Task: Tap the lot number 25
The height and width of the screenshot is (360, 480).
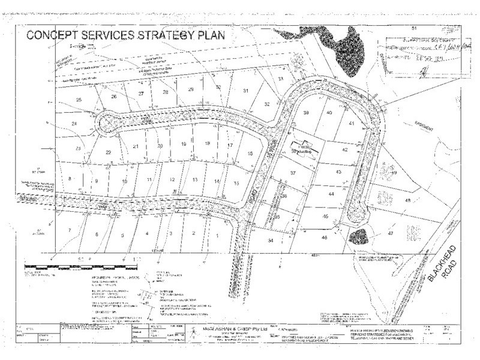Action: pos(78,99)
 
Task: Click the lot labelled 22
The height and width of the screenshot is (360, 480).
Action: pos(109,152)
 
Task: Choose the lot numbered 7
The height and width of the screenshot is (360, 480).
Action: pos(70,230)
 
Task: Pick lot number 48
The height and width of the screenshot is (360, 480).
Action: pos(408,200)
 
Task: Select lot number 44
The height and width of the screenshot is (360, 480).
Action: pos(331,194)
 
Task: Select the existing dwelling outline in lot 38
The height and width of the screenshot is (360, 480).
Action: pos(303,148)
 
